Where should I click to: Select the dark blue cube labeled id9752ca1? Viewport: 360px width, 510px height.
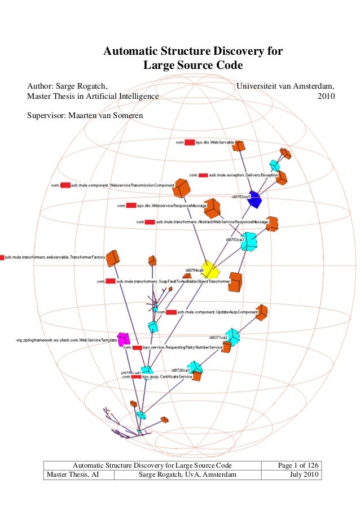pyautogui.click(x=254, y=199)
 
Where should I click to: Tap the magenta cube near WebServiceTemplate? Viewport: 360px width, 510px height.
pyautogui.click(x=123, y=339)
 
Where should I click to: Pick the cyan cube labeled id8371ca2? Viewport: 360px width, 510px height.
pyautogui.click(x=232, y=337)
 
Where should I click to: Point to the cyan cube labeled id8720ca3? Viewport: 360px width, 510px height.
pyautogui.click(x=195, y=368)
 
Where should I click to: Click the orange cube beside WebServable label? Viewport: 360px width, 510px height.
pyautogui.click(x=239, y=146)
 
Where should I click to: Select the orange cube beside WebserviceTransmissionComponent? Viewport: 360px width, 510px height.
pyautogui.click(x=181, y=188)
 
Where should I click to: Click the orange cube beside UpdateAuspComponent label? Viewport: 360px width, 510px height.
pyautogui.click(x=261, y=313)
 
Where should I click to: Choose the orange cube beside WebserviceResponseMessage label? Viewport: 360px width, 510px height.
pyautogui.click(x=212, y=208)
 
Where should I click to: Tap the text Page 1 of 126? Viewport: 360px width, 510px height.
pyautogui.click(x=298, y=465)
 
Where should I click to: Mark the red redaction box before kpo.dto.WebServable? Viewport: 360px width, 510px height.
pyautogui.click(x=190, y=143)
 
